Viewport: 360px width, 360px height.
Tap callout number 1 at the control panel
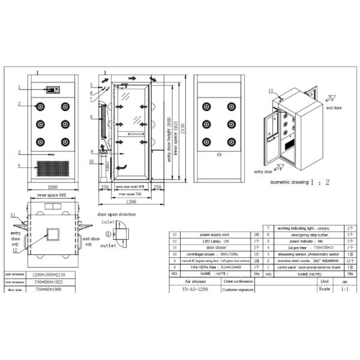[x=19, y=88]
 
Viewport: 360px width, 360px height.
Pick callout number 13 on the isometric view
[x=271, y=91]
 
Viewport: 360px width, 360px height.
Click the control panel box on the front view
[x=53, y=89]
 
